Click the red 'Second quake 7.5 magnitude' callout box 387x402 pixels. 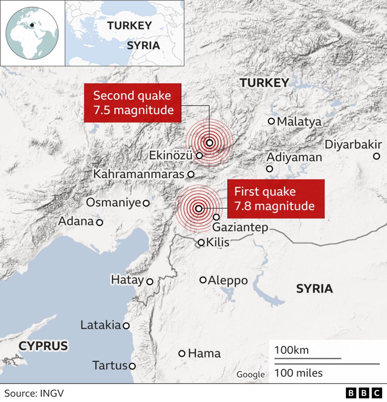pyautogui.click(x=132, y=103)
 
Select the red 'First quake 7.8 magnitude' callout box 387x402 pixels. pyautogui.click(x=276, y=199)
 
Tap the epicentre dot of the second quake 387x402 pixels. pyautogui.click(x=209, y=143)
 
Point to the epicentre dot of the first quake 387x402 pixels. pyautogui.click(x=199, y=209)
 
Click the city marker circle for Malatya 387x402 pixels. pyautogui.click(x=272, y=121)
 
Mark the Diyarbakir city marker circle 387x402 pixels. pyautogui.click(x=376, y=156)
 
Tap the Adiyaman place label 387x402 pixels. pyautogui.click(x=294, y=157)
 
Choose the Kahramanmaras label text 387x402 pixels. pyautogui.click(x=139, y=174)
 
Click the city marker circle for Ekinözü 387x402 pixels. pyautogui.click(x=199, y=156)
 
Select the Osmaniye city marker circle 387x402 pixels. pyautogui.click(x=146, y=203)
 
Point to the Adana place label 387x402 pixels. pyautogui.click(x=76, y=221)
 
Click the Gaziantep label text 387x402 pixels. pyautogui.click(x=240, y=228)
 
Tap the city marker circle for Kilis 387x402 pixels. pyautogui.click(x=201, y=242)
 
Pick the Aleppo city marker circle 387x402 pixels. pyautogui.click(x=203, y=280)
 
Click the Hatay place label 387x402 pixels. pyautogui.click(x=127, y=280)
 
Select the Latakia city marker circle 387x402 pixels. pyautogui.click(x=126, y=326)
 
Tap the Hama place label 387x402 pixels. pyautogui.click(x=204, y=353)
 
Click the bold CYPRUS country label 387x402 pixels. pyautogui.click(x=43, y=346)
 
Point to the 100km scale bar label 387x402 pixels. pyautogui.click(x=291, y=351)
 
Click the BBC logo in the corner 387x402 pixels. pyautogui.click(x=364, y=393)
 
